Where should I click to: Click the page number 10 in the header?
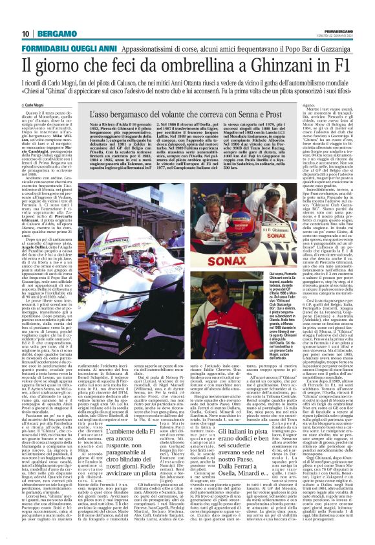pos(25,34)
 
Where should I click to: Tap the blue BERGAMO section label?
pos(54,34)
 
